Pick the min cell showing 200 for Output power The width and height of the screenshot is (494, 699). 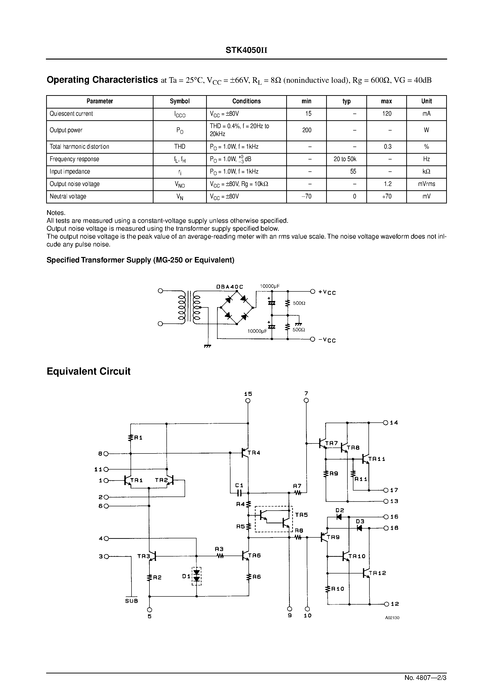pos(306,130)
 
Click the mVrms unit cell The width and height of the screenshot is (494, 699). pos(426,184)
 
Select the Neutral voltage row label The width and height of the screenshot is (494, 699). pos(68,196)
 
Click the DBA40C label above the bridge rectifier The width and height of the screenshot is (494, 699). pos(229,287)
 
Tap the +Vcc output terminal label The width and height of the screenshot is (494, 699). pos(327,292)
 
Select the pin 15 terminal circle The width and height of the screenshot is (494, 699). pos(248,401)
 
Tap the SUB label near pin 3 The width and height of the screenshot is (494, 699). pos(132,601)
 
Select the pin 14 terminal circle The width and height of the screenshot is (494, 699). pos(386,423)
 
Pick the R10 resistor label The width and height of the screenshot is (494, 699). pos(337,589)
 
